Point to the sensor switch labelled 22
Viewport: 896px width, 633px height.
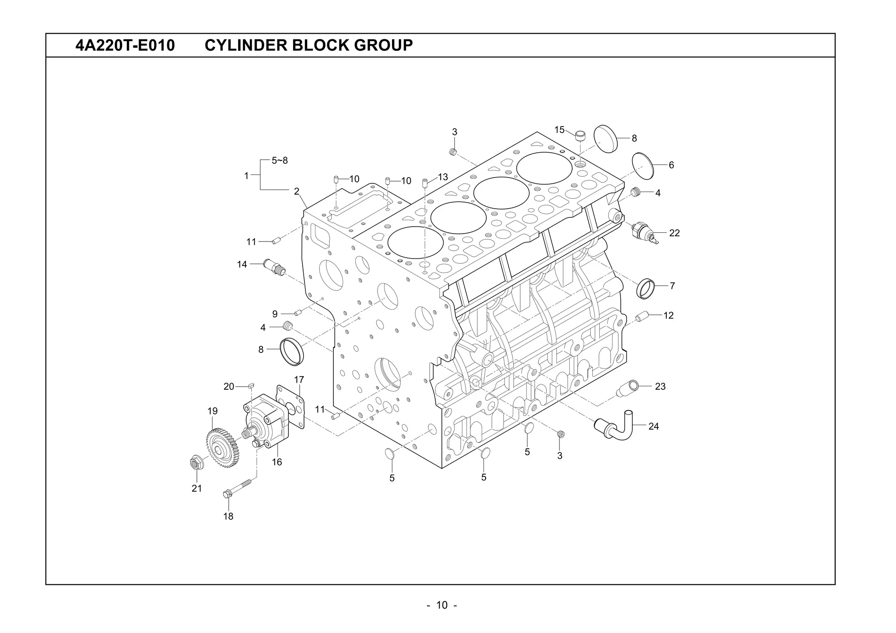coord(644,231)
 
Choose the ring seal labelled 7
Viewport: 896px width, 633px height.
coord(646,288)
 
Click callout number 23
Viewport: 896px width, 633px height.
coord(660,386)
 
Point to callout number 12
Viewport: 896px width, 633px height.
coord(668,315)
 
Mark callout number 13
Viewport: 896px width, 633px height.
coord(443,177)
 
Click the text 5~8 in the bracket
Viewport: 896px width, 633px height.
coord(280,161)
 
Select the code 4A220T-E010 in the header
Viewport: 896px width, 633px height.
coord(125,45)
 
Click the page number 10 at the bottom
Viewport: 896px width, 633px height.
coord(442,605)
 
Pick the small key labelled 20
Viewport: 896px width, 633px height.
coord(251,385)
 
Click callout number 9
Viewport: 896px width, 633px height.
coord(275,314)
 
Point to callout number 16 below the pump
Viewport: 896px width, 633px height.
coord(277,462)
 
